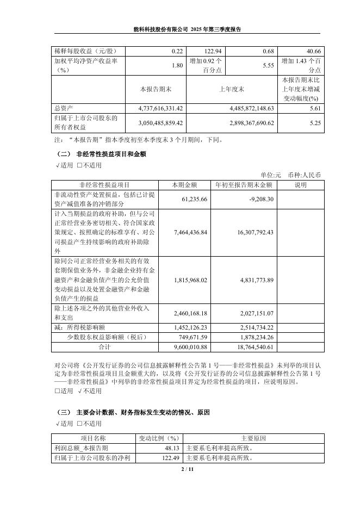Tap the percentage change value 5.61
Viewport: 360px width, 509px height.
[x=315, y=108]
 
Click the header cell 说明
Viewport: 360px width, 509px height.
[x=301, y=185]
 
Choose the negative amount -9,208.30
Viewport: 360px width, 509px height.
[x=260, y=200]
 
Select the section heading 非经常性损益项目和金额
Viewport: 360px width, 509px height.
[x=111, y=154]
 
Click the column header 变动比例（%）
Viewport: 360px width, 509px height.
[x=158, y=438]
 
